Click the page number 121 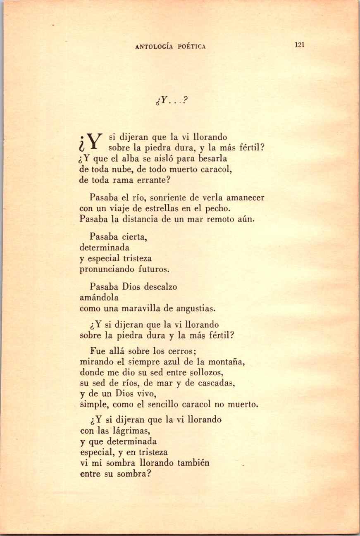[x=300, y=45]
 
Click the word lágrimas [x=129, y=431]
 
